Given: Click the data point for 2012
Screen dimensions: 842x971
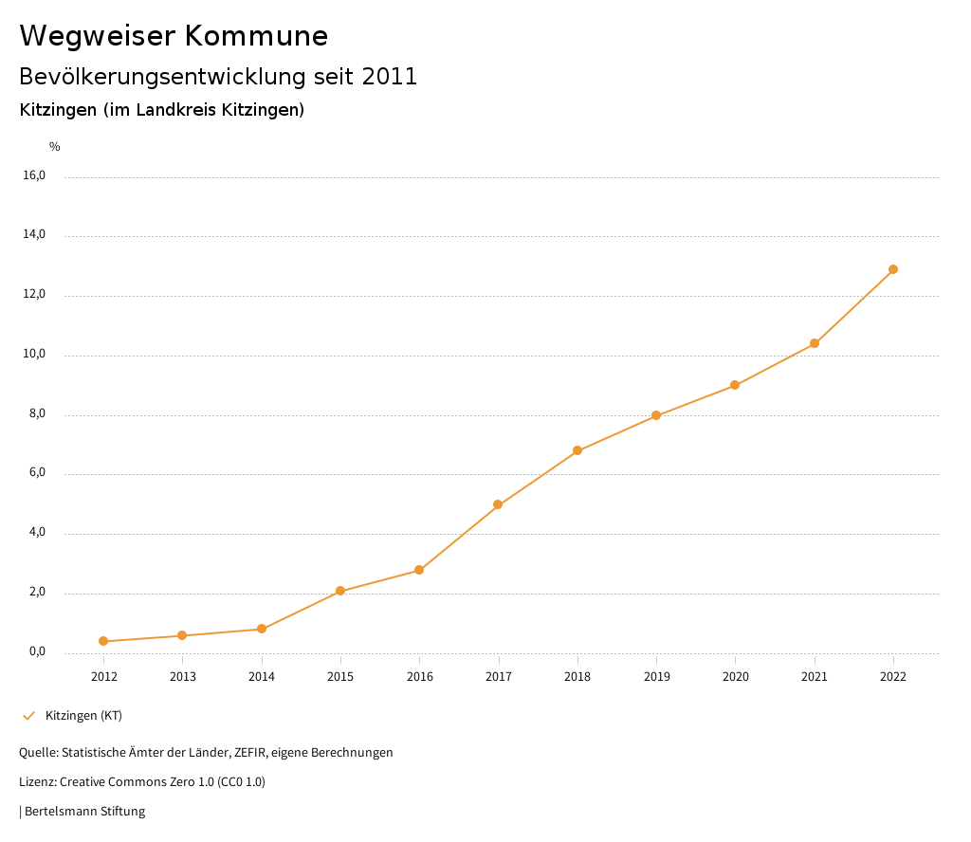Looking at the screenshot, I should coord(103,642).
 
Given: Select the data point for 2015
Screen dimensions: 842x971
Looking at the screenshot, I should coord(340,592).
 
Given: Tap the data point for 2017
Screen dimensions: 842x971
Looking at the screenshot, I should coord(498,504).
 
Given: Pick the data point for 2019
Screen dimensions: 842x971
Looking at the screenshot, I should coord(656,415).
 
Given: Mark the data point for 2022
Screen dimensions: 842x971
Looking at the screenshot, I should coord(893,269).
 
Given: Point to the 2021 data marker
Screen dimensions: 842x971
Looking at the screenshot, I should coord(815,343).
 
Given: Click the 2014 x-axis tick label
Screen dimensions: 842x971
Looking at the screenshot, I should coord(262,677).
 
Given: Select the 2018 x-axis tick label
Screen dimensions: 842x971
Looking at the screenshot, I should coord(577,677).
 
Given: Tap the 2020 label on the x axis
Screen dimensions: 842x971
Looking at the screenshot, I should coord(736,677).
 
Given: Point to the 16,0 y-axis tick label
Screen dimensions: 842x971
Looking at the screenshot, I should coord(33,175).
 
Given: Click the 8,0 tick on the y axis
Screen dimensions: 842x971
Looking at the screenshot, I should coord(36,414).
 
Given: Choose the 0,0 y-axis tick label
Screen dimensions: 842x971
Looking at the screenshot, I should coord(36,652).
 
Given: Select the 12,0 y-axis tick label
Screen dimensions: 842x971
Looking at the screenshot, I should coord(33,295).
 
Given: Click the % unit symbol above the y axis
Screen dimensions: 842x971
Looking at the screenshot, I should coord(55,147).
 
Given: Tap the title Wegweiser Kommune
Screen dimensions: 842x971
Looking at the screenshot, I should coord(174,36).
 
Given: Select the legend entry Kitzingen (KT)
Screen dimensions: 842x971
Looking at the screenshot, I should coord(83,716).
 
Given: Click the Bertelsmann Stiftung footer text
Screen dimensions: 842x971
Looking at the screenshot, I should coord(84,812).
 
